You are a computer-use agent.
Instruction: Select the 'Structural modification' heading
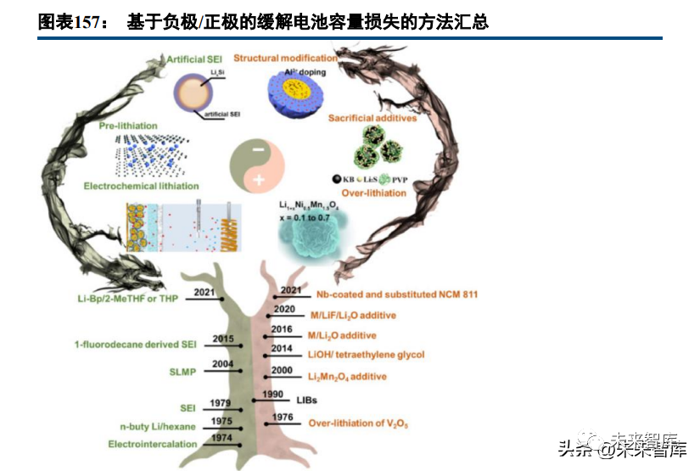click(x=285, y=58)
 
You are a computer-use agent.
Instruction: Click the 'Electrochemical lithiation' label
click(x=142, y=185)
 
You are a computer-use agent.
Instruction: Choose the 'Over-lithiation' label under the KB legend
click(x=374, y=193)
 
